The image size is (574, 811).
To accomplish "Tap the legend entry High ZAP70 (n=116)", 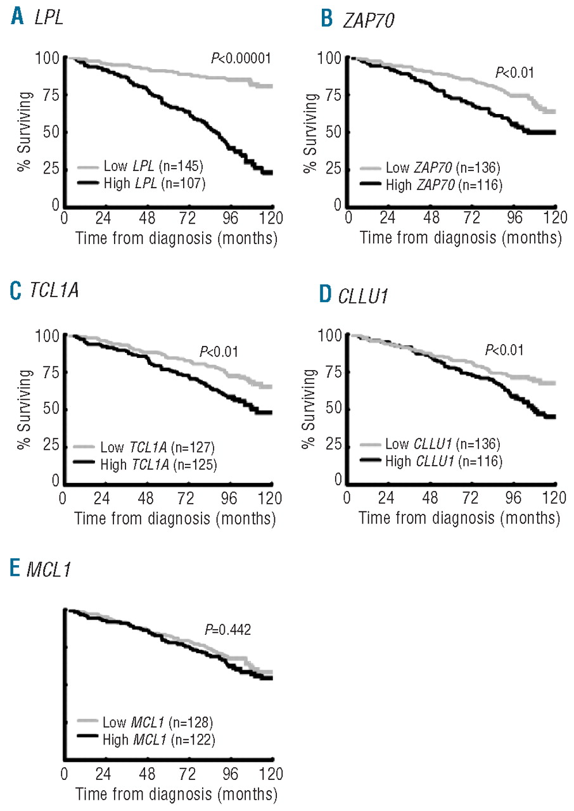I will coord(430,186).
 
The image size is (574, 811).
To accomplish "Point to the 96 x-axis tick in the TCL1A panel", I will coord(230,495).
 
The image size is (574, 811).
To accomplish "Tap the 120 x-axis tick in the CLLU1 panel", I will coord(555,495).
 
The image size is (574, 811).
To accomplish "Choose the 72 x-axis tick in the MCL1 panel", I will coord(188,774).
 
